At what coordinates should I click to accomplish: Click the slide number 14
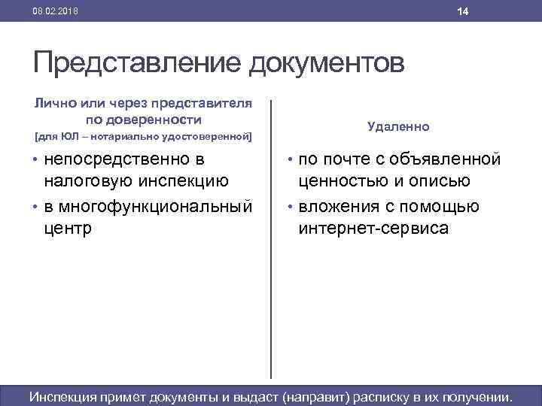[463, 11]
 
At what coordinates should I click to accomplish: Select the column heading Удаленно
[399, 127]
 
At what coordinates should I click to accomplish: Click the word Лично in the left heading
[53, 103]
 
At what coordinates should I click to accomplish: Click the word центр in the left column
[68, 228]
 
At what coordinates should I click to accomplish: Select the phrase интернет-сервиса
[373, 228]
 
